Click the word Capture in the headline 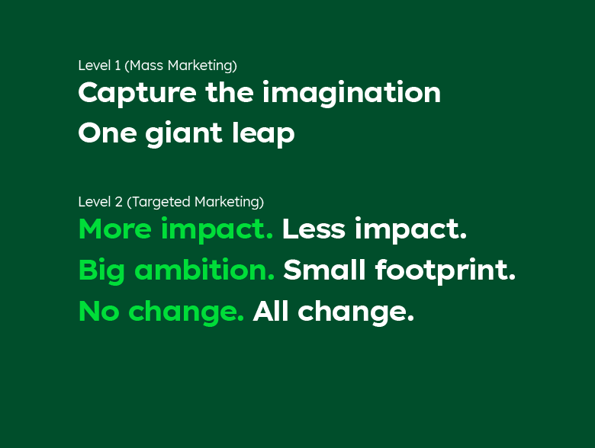[137, 94]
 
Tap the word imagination [352, 92]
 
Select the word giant [184, 133]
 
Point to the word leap [263, 133]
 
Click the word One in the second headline [108, 133]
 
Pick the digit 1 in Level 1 [117, 66]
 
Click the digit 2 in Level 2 [119, 202]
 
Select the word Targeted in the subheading [161, 203]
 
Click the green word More [115, 229]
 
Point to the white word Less [314, 229]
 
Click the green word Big [101, 271]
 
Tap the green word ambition [204, 270]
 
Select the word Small [324, 270]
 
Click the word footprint [445, 270]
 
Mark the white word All [271, 311]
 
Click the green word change [186, 312]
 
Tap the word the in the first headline [230, 92]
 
